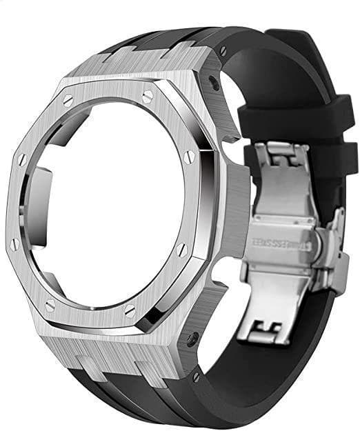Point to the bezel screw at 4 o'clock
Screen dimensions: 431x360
click(x=181, y=249)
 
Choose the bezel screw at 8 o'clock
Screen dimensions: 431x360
click(x=13, y=242)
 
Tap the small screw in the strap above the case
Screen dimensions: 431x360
click(x=223, y=50)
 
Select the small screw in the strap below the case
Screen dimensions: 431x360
click(x=197, y=377)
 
